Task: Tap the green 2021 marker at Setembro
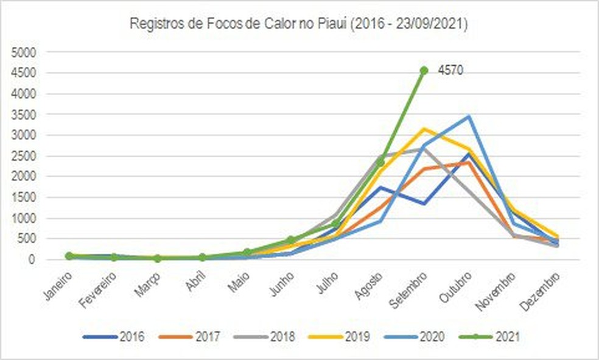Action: (x=424, y=71)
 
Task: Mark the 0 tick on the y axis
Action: (x=33, y=259)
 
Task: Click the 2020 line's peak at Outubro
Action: (x=468, y=116)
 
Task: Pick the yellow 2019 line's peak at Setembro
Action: (x=424, y=129)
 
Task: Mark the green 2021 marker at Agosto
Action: (x=380, y=162)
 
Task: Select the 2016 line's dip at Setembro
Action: (x=424, y=203)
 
